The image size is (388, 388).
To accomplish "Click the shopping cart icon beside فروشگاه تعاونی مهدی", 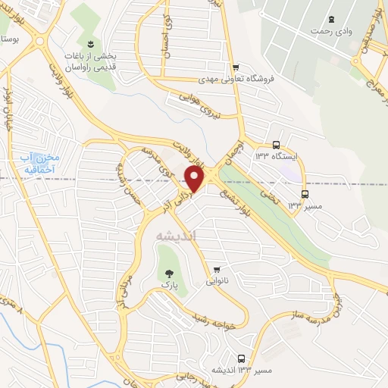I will (236, 66).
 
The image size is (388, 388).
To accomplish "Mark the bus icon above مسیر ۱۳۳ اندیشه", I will (241, 358).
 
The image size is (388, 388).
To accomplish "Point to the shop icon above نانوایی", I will (217, 269).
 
